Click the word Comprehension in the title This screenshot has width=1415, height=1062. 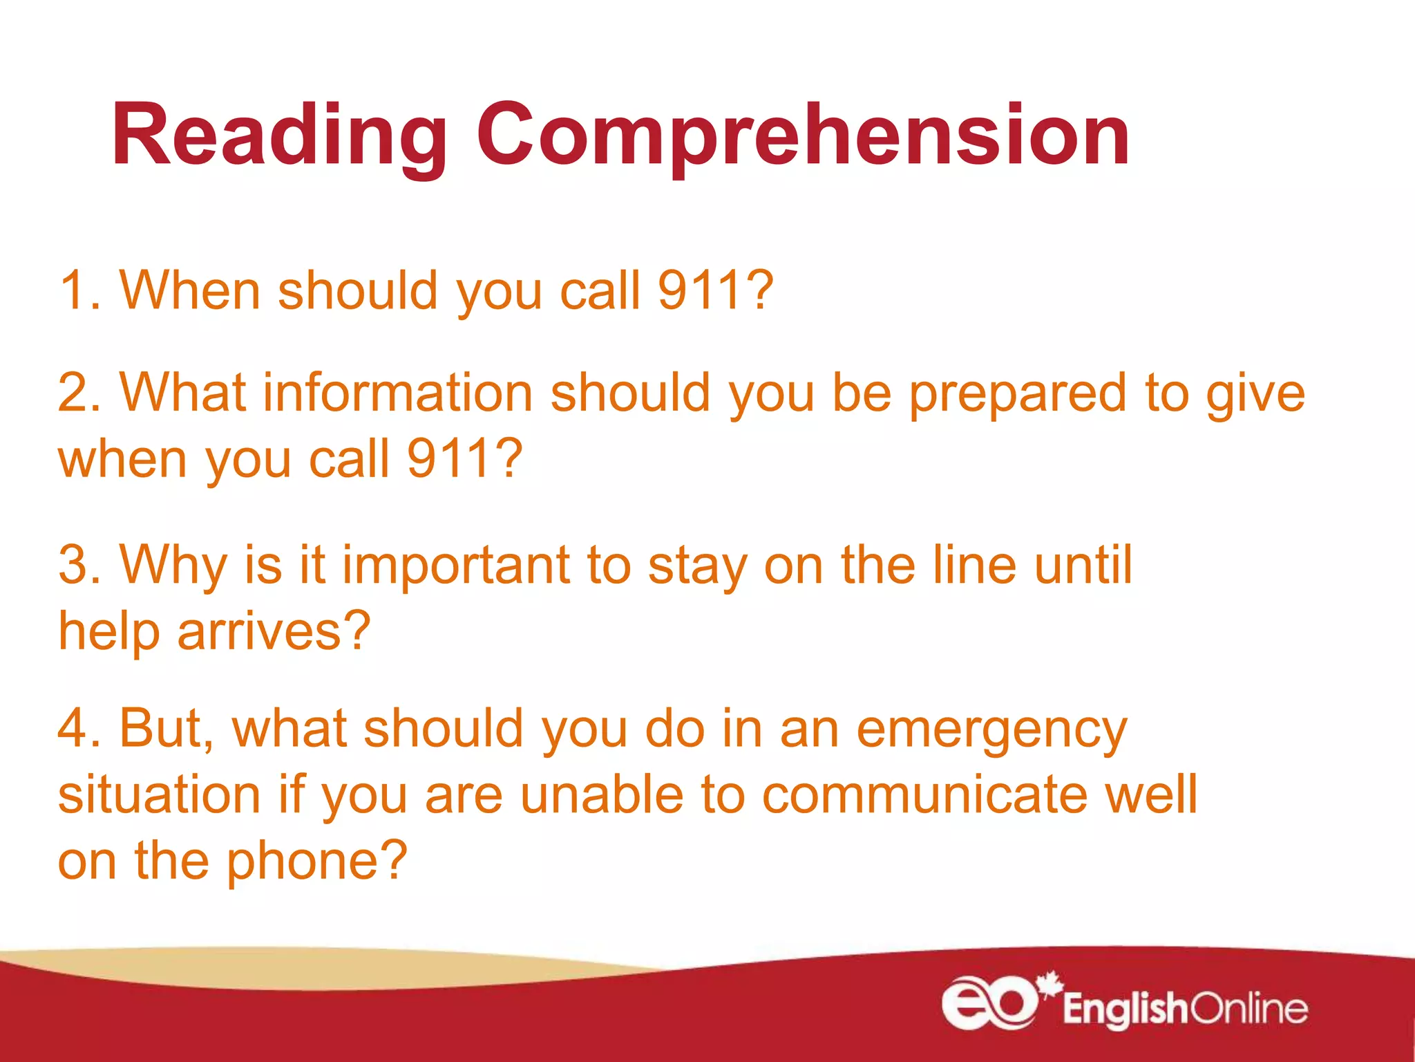(x=803, y=135)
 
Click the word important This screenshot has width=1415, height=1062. (x=456, y=565)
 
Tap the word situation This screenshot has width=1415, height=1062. (x=160, y=795)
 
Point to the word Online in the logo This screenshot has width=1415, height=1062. (x=1249, y=1009)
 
